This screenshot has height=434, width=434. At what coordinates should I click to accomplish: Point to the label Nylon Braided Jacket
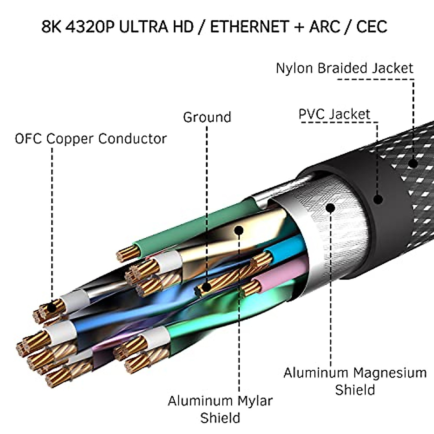pyautogui.click(x=344, y=68)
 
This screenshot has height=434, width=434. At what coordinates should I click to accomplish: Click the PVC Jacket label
pyautogui.click(x=334, y=114)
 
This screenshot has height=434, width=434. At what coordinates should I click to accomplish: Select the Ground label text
pyautogui.click(x=207, y=117)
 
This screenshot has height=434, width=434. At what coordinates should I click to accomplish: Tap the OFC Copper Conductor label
pyautogui.click(x=91, y=139)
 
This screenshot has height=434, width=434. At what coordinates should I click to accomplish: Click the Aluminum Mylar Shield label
pyautogui.click(x=220, y=409)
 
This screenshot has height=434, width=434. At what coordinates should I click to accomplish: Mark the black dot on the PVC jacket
pyautogui.click(x=378, y=199)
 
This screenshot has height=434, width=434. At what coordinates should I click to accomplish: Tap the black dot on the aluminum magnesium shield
pyautogui.click(x=330, y=208)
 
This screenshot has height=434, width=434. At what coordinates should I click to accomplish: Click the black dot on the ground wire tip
pyautogui.click(x=206, y=288)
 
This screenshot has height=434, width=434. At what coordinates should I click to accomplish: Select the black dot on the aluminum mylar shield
pyautogui.click(x=239, y=230)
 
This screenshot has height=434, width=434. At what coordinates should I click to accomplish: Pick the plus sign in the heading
pyautogui.click(x=299, y=27)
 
